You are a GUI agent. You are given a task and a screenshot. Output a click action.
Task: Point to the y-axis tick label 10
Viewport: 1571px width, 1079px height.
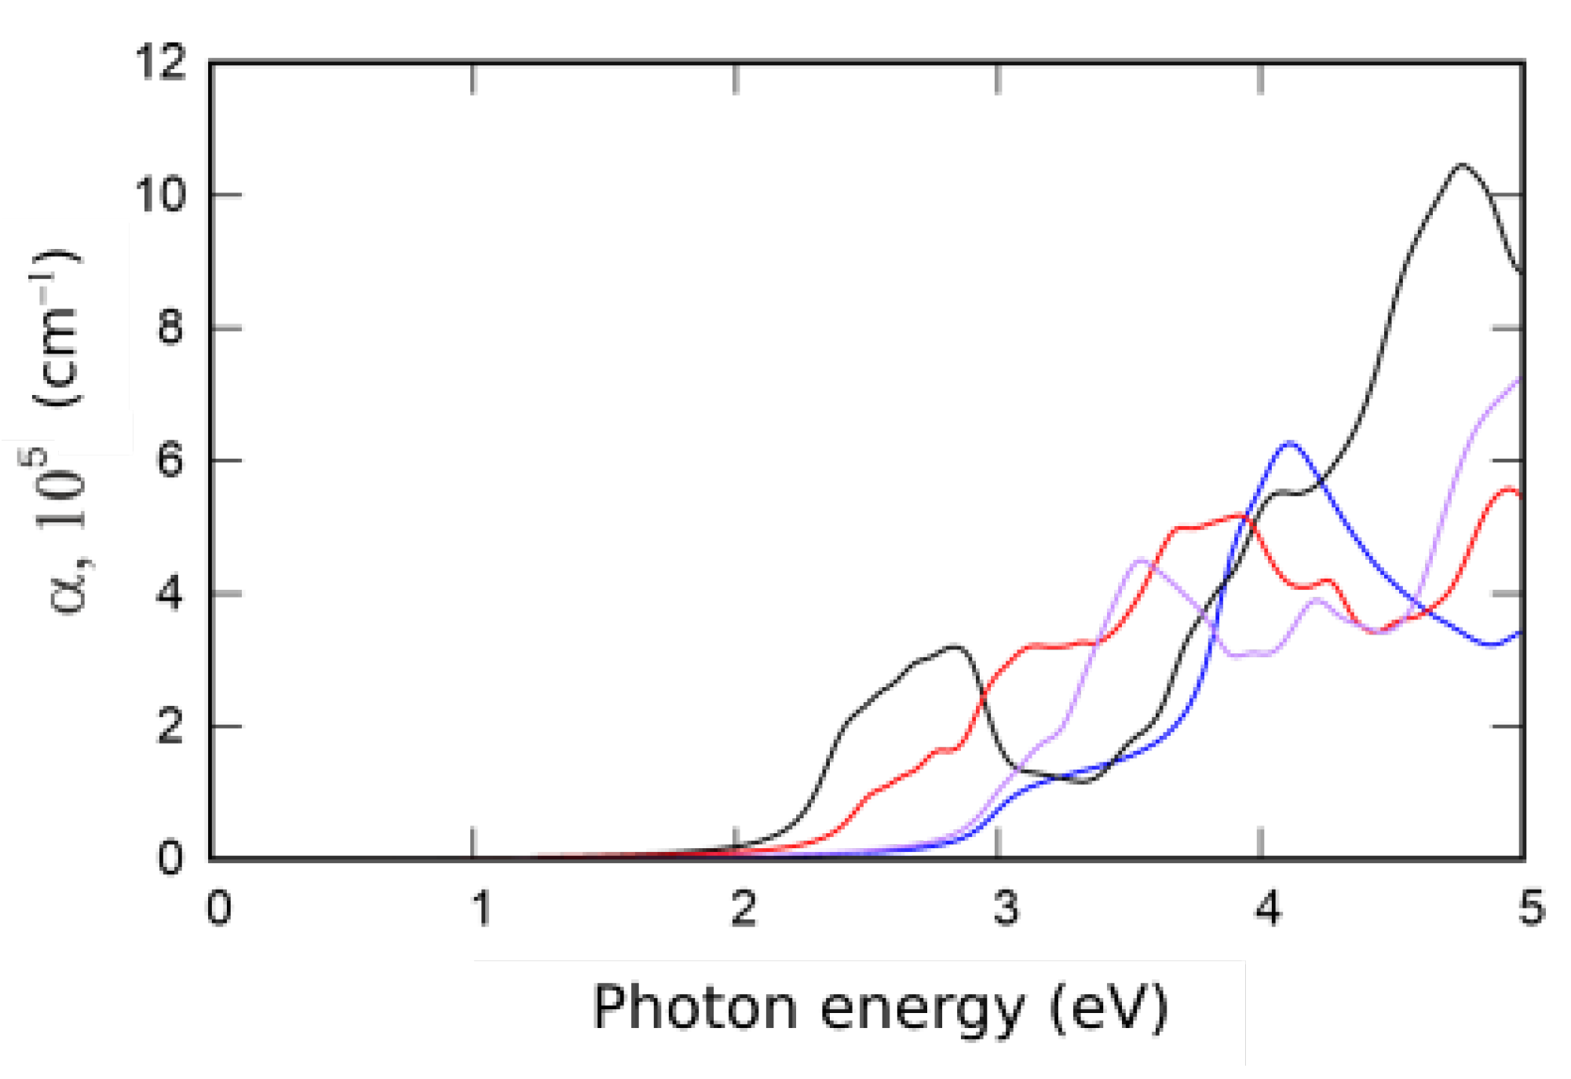point(160,194)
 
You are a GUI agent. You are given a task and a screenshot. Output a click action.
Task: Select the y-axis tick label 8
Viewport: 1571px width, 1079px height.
point(170,327)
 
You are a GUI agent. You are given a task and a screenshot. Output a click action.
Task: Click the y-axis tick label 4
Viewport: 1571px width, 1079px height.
point(170,593)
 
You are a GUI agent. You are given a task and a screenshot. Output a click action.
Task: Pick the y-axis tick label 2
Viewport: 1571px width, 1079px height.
point(170,726)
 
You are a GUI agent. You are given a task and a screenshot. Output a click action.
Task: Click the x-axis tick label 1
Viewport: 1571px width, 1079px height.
point(480,909)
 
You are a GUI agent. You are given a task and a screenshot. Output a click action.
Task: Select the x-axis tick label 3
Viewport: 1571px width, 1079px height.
point(1006,909)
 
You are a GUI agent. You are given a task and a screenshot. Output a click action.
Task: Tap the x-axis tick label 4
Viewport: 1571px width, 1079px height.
point(1268,909)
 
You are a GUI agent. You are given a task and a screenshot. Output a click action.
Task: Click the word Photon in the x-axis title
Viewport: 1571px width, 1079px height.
point(696,1008)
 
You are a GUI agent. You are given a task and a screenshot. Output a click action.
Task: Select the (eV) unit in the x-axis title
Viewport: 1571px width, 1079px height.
point(1109,1008)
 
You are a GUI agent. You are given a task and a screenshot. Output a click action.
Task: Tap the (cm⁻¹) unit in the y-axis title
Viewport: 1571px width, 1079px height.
point(57,328)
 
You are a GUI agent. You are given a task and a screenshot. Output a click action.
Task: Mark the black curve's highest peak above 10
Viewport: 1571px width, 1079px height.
point(1462,165)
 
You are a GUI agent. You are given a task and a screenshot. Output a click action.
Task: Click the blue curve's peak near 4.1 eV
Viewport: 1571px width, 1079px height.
point(1288,444)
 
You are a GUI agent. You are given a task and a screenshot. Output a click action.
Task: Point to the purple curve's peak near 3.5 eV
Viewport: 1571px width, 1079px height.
point(1140,559)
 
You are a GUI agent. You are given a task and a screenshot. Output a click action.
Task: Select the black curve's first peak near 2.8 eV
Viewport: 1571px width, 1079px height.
point(955,646)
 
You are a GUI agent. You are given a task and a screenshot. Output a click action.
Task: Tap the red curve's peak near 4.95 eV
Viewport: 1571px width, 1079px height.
point(1510,488)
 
